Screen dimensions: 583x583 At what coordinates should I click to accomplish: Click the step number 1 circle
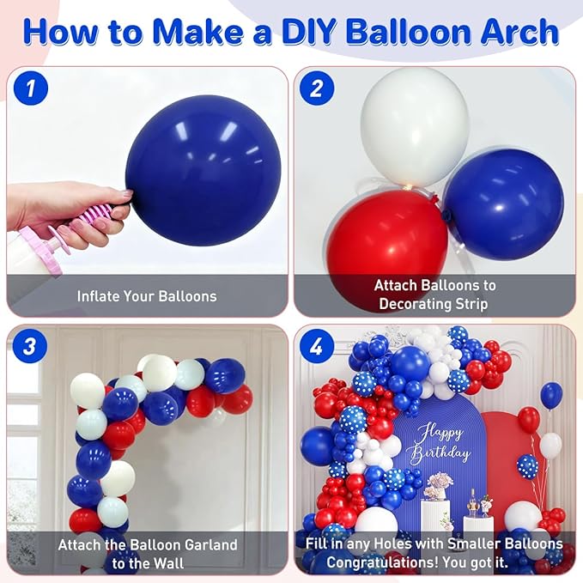click(31, 88)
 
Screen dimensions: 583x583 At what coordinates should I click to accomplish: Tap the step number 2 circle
click(317, 88)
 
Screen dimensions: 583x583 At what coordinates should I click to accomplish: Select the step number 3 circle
click(30, 347)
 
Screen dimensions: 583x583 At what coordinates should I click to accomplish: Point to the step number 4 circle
click(317, 347)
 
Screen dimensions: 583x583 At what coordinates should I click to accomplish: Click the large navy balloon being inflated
click(203, 170)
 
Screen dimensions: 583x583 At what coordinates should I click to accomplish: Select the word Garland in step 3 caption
click(210, 544)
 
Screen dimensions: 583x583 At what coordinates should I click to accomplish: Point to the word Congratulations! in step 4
click(382, 562)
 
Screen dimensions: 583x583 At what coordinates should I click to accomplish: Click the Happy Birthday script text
click(439, 445)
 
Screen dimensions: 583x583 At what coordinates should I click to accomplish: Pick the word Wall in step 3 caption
click(168, 563)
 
